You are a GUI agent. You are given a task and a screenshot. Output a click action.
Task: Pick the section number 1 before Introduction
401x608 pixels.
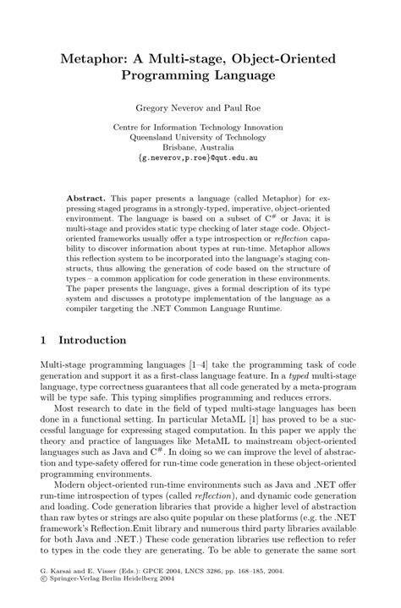43,340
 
